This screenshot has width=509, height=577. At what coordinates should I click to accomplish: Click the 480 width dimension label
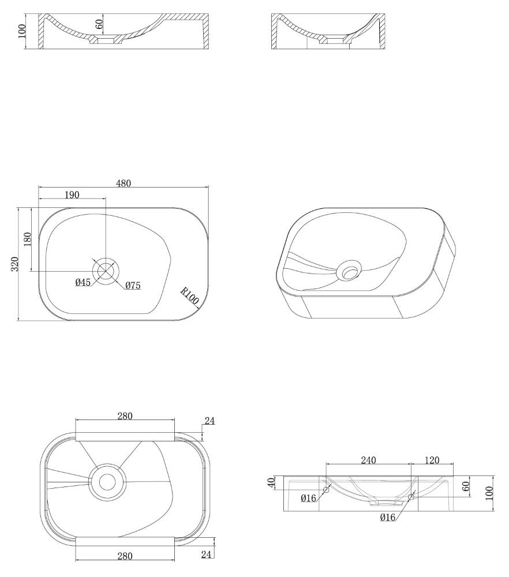click(x=123, y=183)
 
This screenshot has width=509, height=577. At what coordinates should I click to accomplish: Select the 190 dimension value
click(x=72, y=195)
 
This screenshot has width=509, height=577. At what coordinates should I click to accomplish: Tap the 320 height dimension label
click(x=15, y=264)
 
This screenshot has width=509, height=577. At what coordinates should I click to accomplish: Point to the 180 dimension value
click(x=28, y=239)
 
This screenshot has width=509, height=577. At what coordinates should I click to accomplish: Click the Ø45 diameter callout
click(x=83, y=282)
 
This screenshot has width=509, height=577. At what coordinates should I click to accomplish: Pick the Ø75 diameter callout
click(x=133, y=286)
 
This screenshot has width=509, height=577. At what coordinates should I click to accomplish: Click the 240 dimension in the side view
click(x=368, y=460)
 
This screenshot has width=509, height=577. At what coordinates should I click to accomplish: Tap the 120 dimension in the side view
click(x=432, y=460)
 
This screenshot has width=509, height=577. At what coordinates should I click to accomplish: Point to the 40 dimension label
click(x=271, y=482)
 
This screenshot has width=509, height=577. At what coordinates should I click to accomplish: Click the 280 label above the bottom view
click(x=125, y=416)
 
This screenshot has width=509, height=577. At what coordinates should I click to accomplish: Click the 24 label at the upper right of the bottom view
click(x=209, y=421)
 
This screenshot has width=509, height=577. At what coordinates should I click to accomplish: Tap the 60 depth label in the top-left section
click(x=99, y=24)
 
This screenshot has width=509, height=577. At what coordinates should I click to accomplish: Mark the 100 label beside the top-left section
click(x=21, y=31)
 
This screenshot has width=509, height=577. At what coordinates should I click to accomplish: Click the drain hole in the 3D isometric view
click(x=349, y=271)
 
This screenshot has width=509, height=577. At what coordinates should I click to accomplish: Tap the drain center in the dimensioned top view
click(x=106, y=271)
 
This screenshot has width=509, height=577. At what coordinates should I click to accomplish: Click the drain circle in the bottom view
click(x=107, y=482)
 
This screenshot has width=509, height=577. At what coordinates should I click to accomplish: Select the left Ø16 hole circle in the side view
click(x=326, y=490)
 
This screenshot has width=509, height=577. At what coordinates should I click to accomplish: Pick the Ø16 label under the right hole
click(x=388, y=518)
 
